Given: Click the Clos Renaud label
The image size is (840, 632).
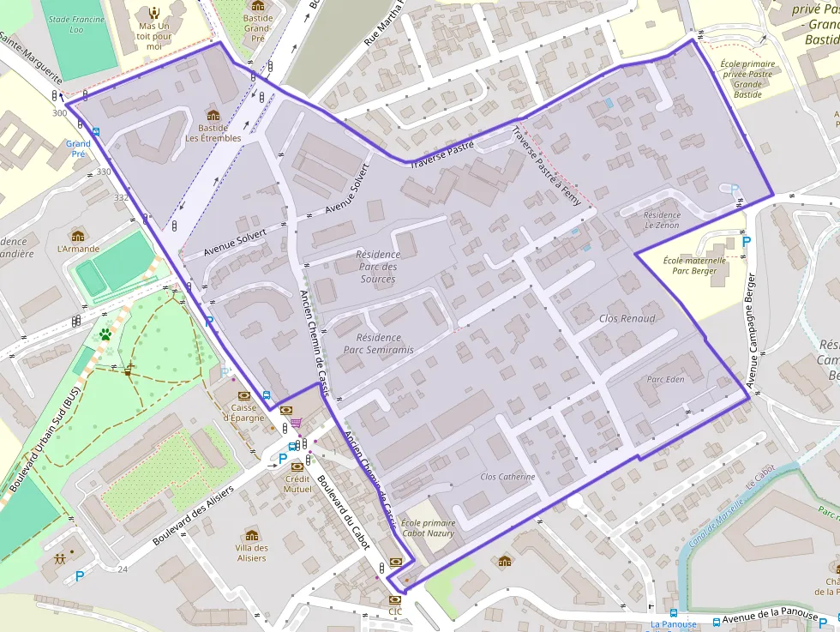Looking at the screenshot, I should [627, 318].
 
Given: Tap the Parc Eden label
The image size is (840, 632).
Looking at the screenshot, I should [665, 379].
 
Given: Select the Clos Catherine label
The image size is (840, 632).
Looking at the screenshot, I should [507, 477].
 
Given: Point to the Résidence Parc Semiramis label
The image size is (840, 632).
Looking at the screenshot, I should [378, 344].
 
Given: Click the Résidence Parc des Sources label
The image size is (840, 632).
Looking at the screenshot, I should [378, 267].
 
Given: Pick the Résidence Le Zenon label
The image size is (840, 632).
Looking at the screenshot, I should [661, 220].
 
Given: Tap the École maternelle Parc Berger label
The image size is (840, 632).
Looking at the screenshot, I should [694, 265].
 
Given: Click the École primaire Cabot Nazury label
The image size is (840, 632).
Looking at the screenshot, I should [428, 527].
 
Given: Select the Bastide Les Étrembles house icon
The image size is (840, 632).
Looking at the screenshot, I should [213, 116].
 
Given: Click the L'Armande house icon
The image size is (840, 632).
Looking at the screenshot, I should [78, 236].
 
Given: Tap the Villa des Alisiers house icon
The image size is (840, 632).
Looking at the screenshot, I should [251, 535].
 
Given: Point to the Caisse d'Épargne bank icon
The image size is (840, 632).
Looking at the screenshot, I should [245, 395].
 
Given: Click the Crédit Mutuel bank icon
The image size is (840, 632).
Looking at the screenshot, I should [297, 466].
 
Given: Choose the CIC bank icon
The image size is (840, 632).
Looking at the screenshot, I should [394, 599].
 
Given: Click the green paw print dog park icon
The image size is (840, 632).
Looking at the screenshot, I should [105, 334].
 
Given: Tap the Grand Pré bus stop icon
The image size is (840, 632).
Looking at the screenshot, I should [95, 132].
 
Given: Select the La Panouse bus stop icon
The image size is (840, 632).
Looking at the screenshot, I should [673, 613].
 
